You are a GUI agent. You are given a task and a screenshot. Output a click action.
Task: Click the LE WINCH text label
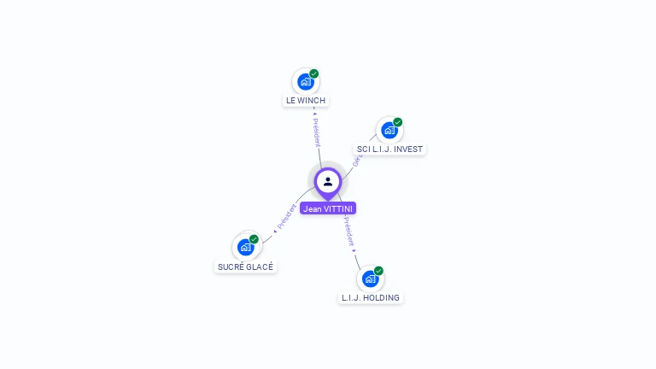pos(306,101)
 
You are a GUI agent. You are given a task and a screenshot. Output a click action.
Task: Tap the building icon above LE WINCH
pos(305,82)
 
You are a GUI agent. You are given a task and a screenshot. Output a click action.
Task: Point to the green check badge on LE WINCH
pos(314,74)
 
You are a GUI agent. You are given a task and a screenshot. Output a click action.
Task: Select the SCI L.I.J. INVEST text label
pos(389,149)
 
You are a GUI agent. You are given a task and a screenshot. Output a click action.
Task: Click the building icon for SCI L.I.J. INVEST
pos(389,131)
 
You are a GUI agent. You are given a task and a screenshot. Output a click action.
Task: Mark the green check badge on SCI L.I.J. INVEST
pos(398,122)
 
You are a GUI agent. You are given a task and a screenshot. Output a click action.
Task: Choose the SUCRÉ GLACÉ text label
pos(246,266)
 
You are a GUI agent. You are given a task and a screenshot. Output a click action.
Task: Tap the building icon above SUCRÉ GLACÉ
pos(246,248)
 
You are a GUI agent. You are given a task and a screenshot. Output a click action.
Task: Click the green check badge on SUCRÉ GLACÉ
pos(255,239)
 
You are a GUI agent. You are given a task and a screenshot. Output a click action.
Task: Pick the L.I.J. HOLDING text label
pos(371,298)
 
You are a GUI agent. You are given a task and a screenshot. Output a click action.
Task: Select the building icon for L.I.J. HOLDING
pos(370,278)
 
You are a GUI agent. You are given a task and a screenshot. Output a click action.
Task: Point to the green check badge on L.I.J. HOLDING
pos(378,271)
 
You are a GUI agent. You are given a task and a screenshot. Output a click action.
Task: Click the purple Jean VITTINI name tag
pos(328,208)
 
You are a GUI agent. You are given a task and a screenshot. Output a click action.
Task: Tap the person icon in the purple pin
pos(328,181)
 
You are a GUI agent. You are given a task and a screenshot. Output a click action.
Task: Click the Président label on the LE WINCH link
pos(316,131)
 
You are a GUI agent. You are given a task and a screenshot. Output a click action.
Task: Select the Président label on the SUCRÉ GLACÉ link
pos(286,217)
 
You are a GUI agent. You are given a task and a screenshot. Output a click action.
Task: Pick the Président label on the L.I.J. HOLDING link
pos(349,231)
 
